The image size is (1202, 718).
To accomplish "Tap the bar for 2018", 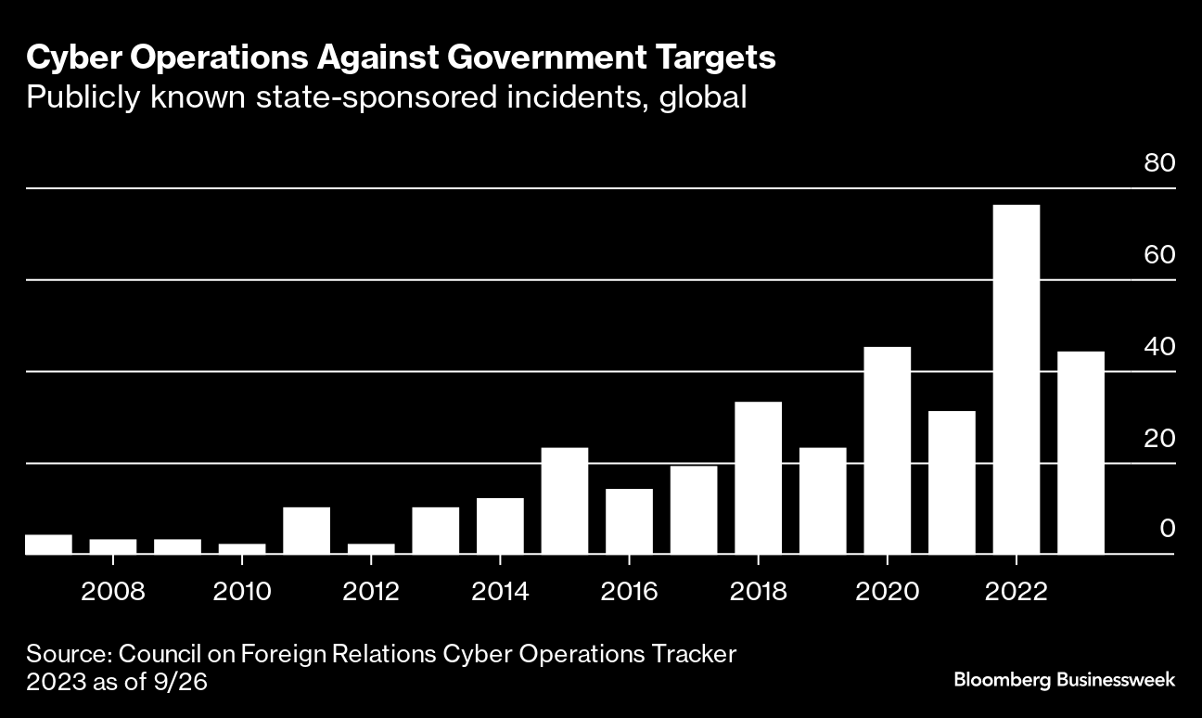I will coord(758,478).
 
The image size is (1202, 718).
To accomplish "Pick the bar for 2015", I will coord(564,501).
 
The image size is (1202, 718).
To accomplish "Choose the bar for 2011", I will coord(306,531).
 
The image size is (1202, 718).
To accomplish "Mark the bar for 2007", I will coord(48,545).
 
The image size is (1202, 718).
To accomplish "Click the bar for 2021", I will coord(952,482).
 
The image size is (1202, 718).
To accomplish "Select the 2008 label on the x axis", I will coord(112,592).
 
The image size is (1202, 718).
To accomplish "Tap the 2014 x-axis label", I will coord(500,592).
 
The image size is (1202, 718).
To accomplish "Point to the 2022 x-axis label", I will coord(1017,592).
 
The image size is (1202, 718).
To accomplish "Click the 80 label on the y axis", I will coord(1159,163).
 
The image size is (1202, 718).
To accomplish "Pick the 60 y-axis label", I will coord(1159,255).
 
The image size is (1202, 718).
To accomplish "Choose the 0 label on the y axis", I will coord(1168,529).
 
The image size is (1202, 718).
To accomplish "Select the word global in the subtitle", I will coord(702,96).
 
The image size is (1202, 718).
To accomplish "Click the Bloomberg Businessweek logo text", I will coord(1064,680).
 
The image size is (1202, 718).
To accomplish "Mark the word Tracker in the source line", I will coord(693,654).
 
